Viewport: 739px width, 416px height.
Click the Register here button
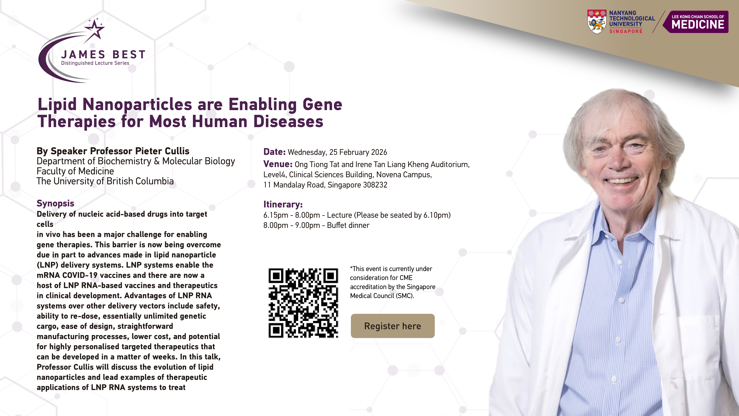[x=392, y=326]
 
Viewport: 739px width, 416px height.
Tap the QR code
[x=303, y=303]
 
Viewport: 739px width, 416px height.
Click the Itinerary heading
[x=283, y=204]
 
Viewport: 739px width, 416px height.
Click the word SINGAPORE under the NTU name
[x=626, y=31]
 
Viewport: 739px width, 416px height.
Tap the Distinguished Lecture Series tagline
[x=95, y=63]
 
